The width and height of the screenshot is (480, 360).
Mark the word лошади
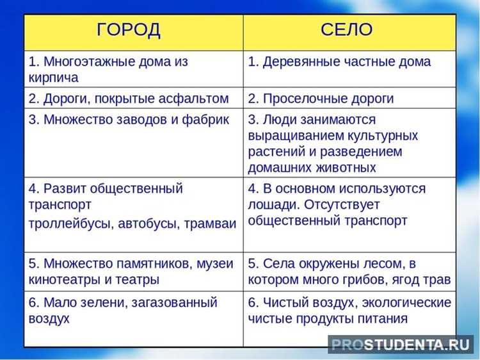[269, 205]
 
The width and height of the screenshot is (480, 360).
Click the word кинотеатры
[66, 280]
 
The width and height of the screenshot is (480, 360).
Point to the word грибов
[372, 280]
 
